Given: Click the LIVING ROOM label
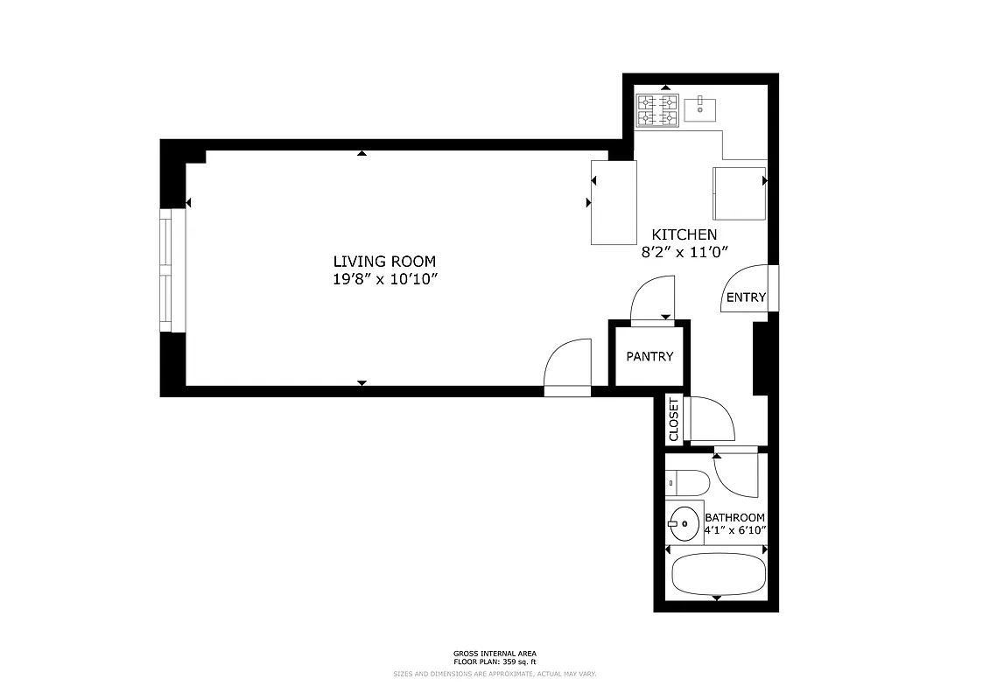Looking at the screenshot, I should click(x=383, y=261).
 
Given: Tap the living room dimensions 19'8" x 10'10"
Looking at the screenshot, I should click(x=383, y=279).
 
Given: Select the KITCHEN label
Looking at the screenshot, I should click(x=684, y=234).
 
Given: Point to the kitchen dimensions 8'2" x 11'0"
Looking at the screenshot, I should click(x=685, y=252).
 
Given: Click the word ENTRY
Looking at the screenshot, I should click(x=746, y=297).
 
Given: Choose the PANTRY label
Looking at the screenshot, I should click(x=649, y=356).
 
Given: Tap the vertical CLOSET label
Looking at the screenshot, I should click(x=673, y=419).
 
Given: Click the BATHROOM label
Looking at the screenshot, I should click(x=734, y=517).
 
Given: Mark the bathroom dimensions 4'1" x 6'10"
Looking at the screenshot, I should click(x=734, y=530).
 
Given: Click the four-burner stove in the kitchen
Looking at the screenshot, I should click(x=657, y=110).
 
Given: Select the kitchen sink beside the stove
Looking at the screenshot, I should click(x=700, y=109).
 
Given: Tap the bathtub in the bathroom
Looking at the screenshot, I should click(x=718, y=573).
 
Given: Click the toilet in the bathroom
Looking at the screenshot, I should click(x=688, y=482).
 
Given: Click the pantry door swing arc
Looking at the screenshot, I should click(x=652, y=297).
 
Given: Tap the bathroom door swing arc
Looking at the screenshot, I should click(x=735, y=474).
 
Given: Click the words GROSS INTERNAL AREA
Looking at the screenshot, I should click(x=495, y=653).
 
